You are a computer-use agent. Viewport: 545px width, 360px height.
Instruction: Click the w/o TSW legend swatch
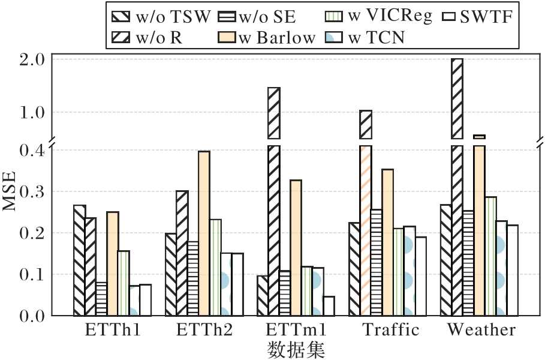(x=121, y=16)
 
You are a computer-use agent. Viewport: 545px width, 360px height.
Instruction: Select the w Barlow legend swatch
(x=227, y=37)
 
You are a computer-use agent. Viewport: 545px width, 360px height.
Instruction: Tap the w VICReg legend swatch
(x=335, y=16)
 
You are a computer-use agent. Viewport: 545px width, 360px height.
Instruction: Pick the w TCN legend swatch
(x=335, y=37)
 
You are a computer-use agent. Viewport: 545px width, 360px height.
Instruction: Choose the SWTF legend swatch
(x=450, y=16)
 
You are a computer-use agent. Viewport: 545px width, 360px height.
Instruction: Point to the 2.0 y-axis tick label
(x=32, y=59)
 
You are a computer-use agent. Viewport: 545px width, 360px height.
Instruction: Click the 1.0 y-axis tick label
(x=32, y=113)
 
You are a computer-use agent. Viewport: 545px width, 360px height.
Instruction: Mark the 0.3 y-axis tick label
(x=32, y=191)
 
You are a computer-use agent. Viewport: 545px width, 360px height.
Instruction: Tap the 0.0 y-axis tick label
(x=32, y=316)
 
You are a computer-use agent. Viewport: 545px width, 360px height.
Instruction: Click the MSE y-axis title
(x=10, y=191)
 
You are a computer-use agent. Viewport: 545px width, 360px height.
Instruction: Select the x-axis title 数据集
(x=296, y=350)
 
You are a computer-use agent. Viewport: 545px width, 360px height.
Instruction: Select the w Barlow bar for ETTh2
(x=204, y=233)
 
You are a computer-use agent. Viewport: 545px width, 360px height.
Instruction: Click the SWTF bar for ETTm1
(x=329, y=306)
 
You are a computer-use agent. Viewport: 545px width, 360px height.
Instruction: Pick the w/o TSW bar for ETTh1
(x=80, y=260)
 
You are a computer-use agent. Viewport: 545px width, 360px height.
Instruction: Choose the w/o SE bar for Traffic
(x=376, y=263)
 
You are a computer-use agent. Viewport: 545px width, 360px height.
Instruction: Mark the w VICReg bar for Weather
(x=490, y=256)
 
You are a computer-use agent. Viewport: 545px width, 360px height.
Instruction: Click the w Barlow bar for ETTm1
(x=296, y=248)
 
